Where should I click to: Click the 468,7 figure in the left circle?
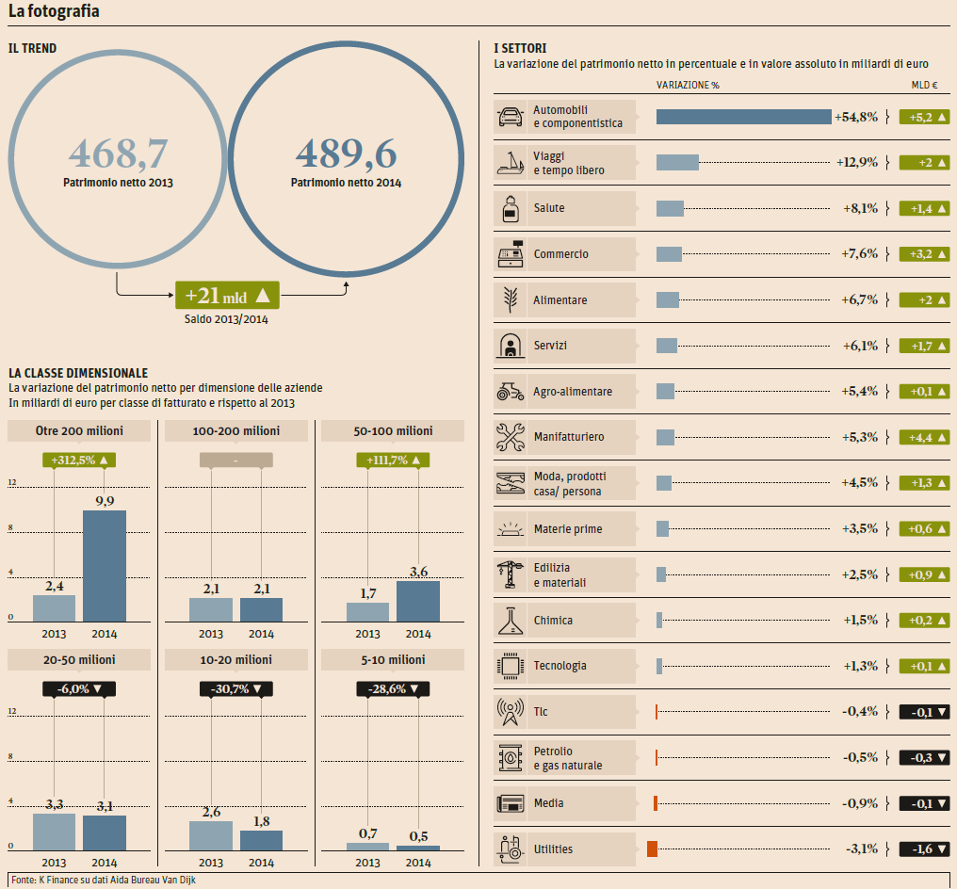click(118, 154)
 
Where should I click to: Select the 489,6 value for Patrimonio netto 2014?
click(346, 154)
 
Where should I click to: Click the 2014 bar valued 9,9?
click(105, 565)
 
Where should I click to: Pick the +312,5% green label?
click(79, 461)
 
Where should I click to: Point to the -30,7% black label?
click(236, 689)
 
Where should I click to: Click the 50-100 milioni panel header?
click(393, 431)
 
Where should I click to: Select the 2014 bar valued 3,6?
click(418, 601)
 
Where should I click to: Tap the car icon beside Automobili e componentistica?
click(511, 117)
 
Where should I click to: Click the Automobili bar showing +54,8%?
click(743, 117)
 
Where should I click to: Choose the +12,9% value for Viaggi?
click(856, 163)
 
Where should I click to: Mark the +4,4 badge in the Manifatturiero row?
click(921, 437)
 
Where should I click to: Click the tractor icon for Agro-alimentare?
click(511, 391)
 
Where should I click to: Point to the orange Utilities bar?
click(652, 849)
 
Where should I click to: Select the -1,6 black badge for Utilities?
click(921, 849)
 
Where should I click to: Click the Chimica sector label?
click(553, 621)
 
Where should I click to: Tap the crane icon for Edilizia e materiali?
click(511, 574)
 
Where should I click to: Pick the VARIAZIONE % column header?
click(687, 85)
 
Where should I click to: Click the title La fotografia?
click(54, 12)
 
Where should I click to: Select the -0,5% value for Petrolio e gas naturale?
click(859, 757)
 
